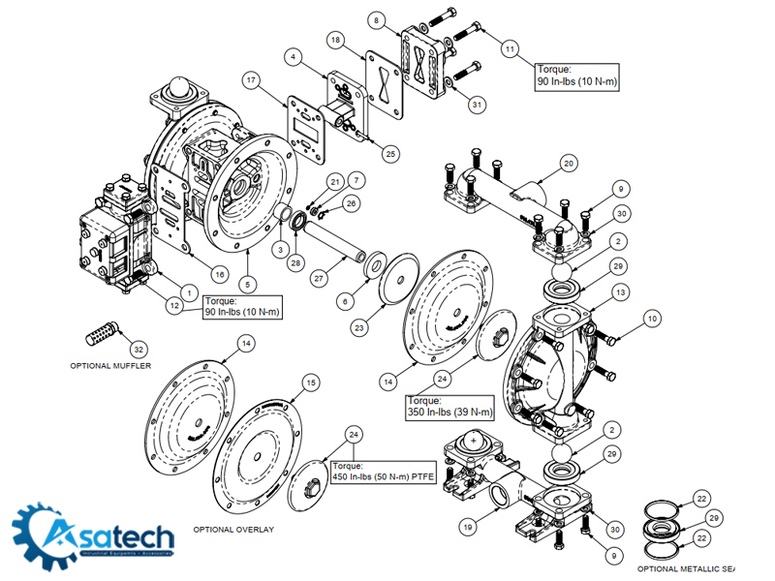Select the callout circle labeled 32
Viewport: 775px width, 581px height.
tap(139, 349)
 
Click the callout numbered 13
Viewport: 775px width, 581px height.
tap(621, 291)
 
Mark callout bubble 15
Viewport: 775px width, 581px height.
tap(310, 383)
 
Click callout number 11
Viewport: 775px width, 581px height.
tap(510, 47)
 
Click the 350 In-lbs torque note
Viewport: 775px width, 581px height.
tap(450, 407)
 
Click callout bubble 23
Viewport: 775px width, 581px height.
tap(359, 328)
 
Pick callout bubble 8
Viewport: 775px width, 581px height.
tap(378, 19)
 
